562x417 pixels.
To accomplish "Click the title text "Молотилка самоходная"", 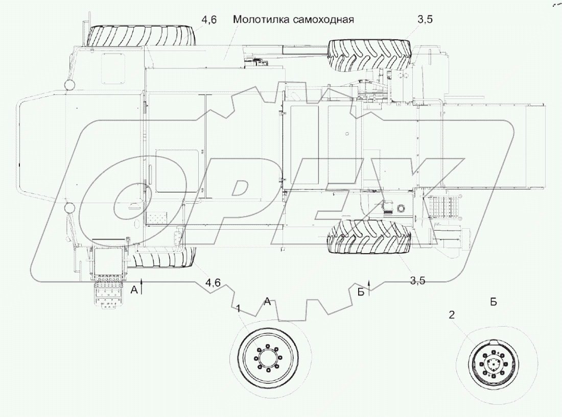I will pos(293,20).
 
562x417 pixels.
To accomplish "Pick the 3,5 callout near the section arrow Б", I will pos(417,279).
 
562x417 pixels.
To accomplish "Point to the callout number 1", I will pos(238,309).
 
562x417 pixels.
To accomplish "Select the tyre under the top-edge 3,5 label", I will pos(370,54).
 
